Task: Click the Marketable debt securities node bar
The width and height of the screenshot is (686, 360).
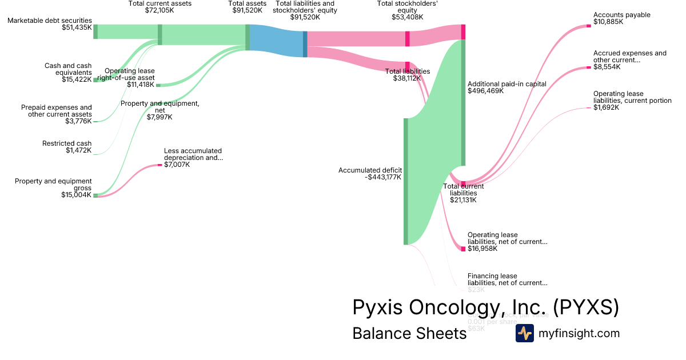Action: (95, 31)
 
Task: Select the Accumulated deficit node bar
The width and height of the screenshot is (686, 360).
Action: (405, 181)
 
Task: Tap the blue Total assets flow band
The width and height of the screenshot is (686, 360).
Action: (276, 41)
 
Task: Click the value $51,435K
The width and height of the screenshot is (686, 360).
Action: (77, 27)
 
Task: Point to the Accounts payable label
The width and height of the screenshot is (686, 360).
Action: (621, 15)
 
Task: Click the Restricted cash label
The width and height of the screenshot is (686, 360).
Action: (66, 143)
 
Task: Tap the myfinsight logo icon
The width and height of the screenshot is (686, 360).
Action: (524, 333)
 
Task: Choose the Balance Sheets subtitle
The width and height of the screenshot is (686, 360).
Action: (409, 333)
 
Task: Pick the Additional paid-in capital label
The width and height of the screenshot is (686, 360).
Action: (506, 83)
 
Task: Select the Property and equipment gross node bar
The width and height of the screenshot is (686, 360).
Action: (95, 195)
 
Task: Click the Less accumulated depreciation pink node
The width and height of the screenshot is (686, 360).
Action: (160, 165)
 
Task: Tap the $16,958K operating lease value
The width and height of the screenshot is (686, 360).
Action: (482, 249)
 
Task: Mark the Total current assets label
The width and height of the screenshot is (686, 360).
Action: (160, 3)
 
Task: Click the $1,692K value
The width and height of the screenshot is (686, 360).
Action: (605, 107)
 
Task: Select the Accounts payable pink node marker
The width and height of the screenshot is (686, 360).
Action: (589, 26)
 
